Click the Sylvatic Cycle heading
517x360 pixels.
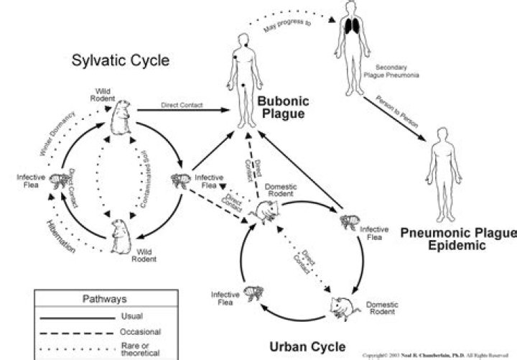121,60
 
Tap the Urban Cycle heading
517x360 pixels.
307,346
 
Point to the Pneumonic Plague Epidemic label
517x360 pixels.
458,239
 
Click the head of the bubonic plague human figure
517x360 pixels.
243,40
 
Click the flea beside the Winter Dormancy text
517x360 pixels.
60,180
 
